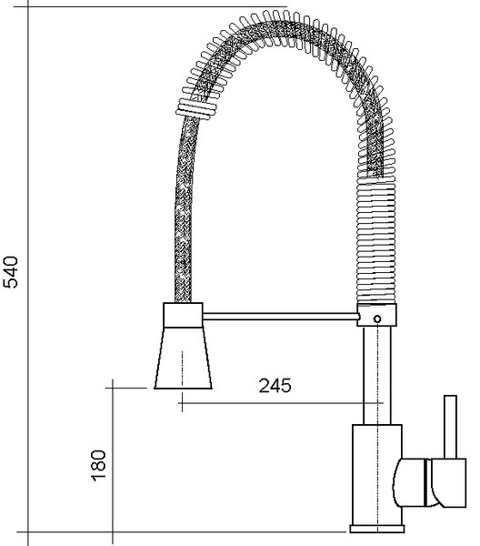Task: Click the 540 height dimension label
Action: (x=10, y=272)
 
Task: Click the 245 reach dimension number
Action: (x=275, y=386)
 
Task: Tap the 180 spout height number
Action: (x=98, y=466)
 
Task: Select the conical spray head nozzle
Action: (x=183, y=358)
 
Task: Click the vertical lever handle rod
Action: (x=450, y=427)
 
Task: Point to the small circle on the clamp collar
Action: (x=377, y=318)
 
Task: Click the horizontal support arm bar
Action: (x=280, y=316)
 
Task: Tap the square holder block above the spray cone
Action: (x=183, y=315)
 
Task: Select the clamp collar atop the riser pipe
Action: (x=376, y=315)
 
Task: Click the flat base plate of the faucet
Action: (x=377, y=539)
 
